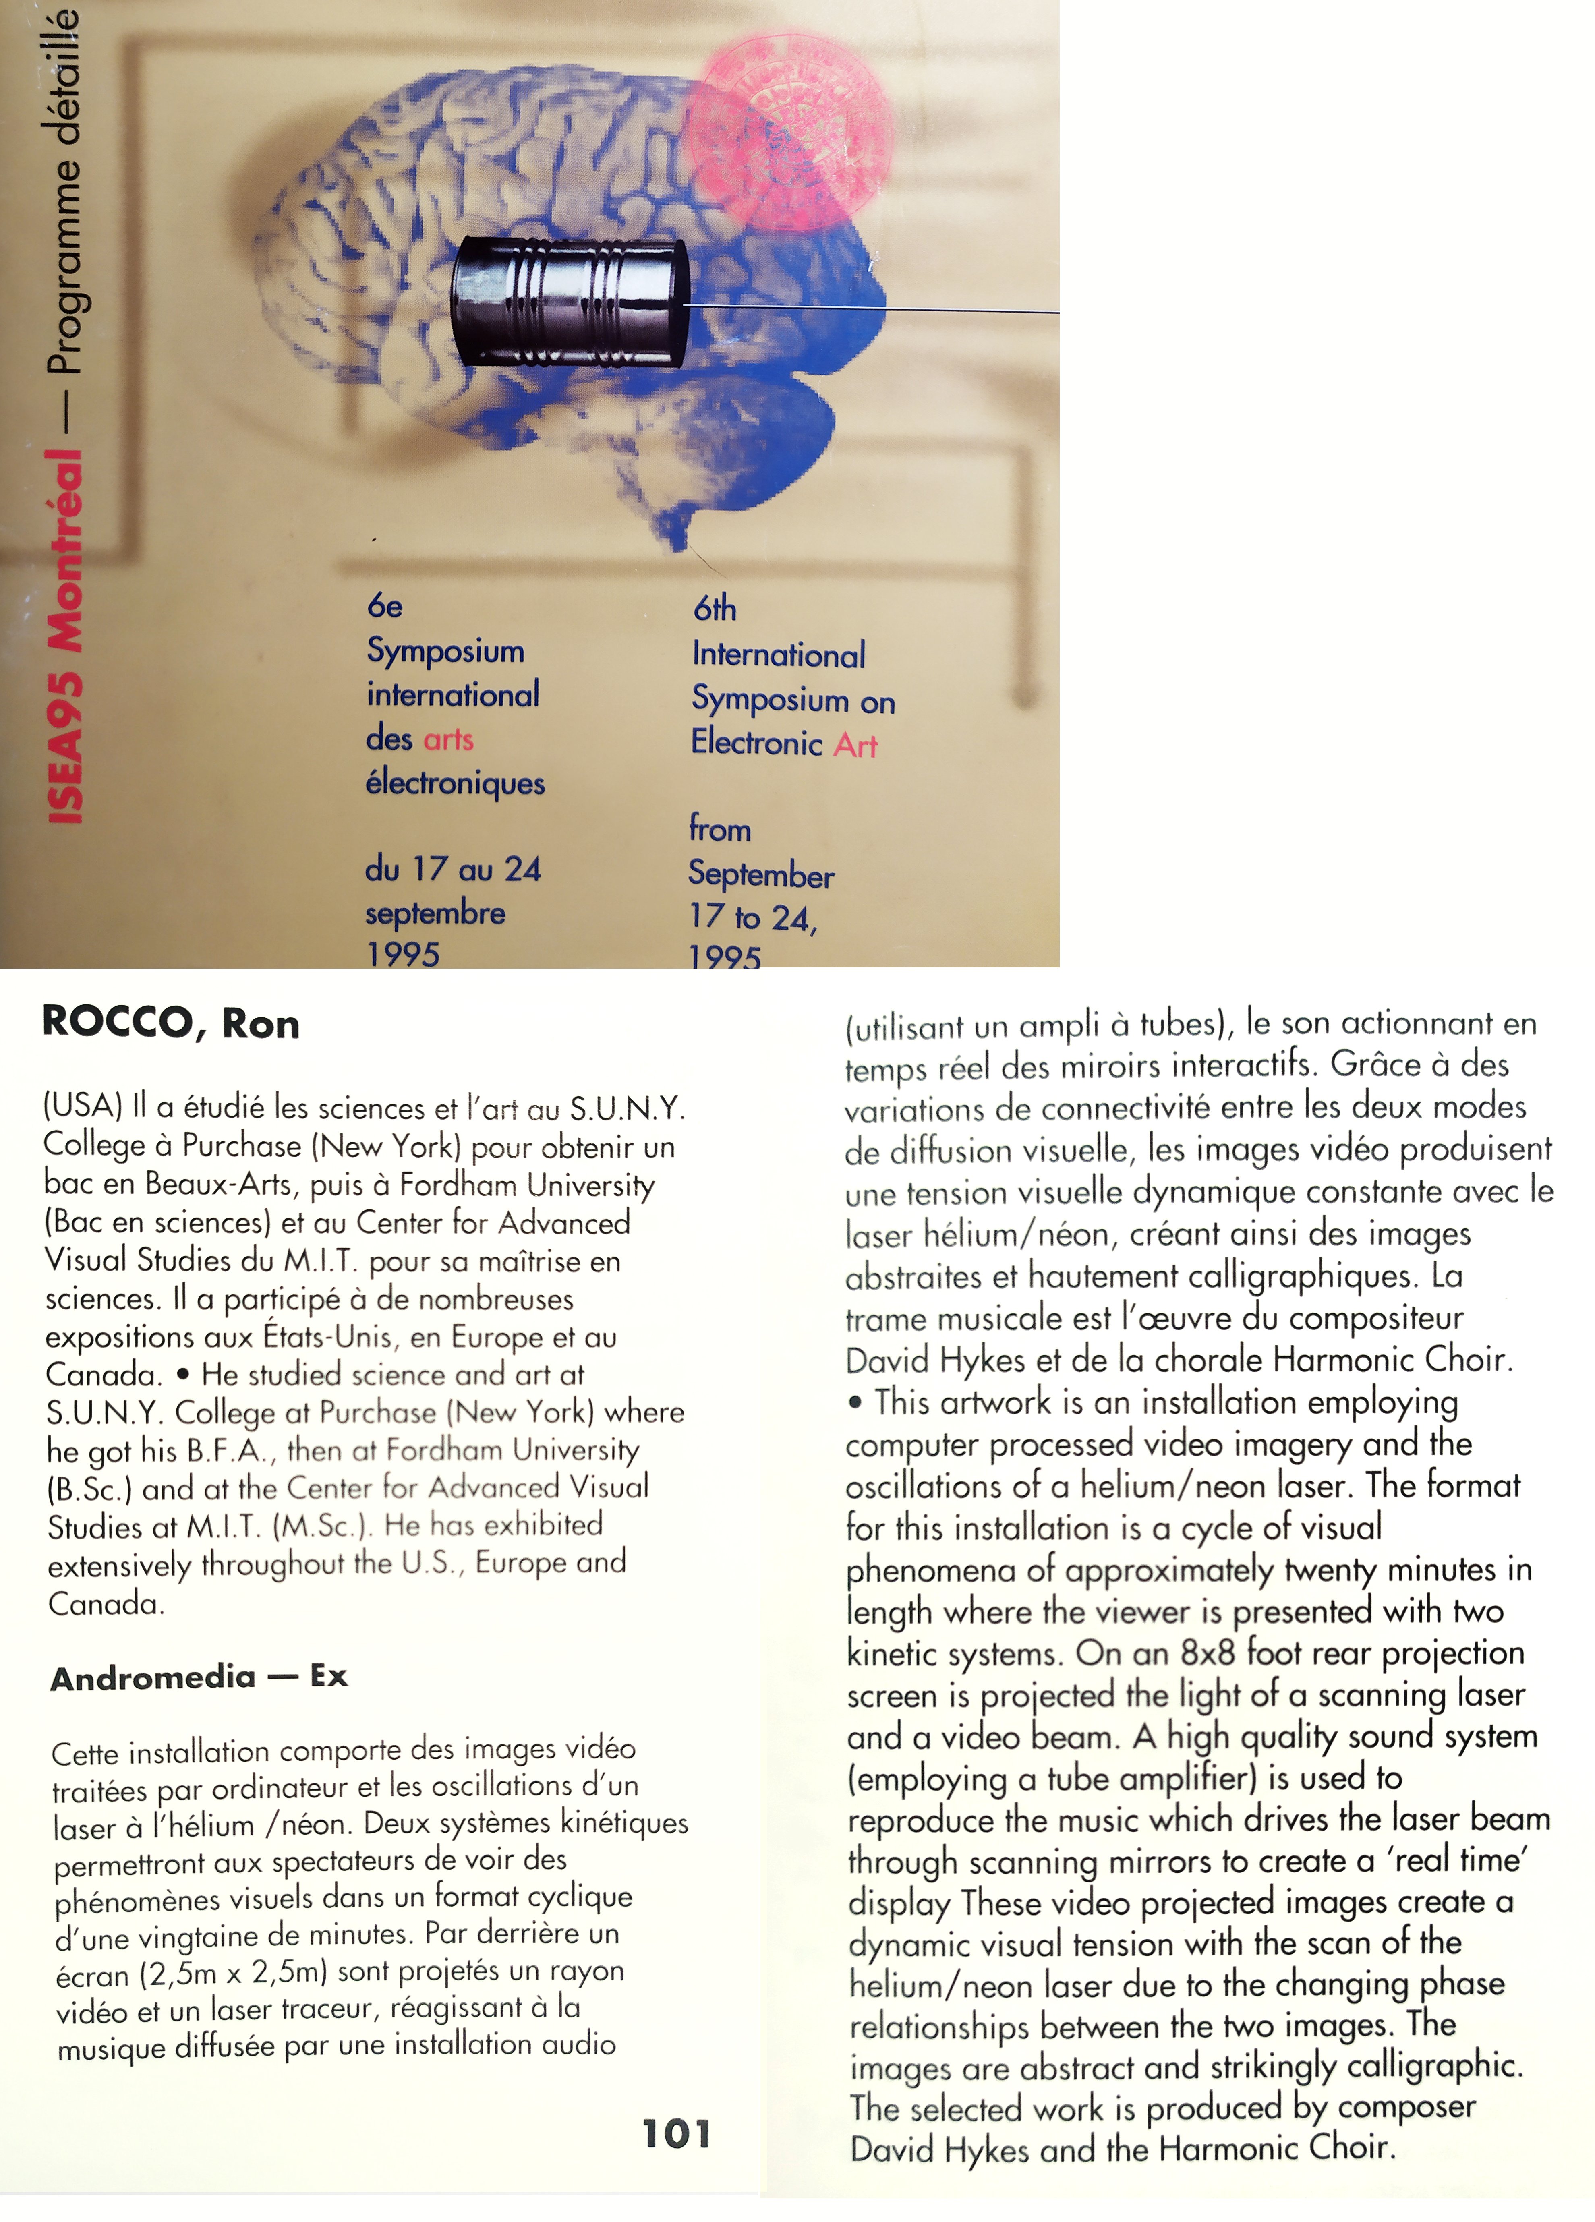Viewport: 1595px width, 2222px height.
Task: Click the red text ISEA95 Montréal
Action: (x=65, y=637)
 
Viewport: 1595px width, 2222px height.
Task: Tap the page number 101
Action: (x=676, y=2134)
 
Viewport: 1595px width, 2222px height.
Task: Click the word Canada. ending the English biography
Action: (x=106, y=1603)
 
